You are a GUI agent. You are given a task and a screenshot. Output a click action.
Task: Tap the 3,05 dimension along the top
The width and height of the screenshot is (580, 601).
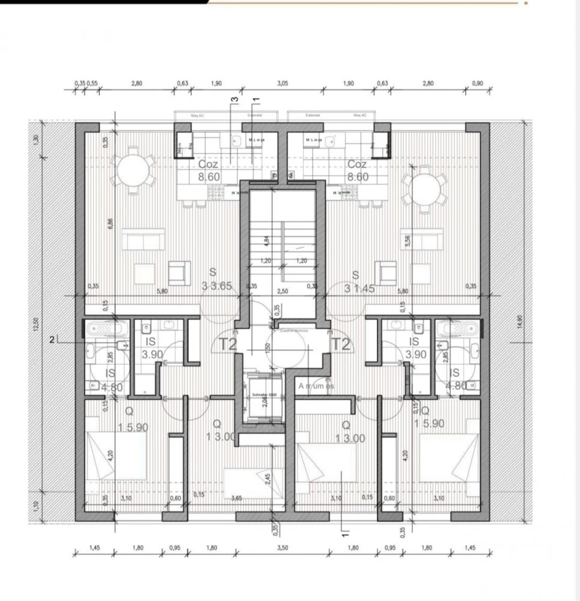(x=282, y=83)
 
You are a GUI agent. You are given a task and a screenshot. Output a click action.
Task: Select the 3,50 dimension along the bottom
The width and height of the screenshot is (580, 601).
(x=282, y=548)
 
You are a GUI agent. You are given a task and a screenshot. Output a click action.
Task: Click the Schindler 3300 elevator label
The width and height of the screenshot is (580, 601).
(x=265, y=395)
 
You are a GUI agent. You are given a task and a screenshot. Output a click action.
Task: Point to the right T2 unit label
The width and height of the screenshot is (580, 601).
(x=341, y=344)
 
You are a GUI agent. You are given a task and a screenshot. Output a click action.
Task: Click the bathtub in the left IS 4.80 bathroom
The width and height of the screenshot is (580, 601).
(x=107, y=328)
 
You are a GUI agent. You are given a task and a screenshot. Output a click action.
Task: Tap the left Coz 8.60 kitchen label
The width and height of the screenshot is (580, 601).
(x=208, y=171)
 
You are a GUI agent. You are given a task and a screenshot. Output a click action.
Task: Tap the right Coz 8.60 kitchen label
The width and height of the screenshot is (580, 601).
(x=358, y=171)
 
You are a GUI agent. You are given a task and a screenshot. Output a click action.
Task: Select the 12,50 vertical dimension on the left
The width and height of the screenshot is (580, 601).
(x=36, y=324)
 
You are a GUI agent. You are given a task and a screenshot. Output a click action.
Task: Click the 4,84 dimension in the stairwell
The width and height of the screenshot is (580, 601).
(x=267, y=240)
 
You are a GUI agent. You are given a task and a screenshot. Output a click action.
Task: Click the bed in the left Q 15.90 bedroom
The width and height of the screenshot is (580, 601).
(x=116, y=456)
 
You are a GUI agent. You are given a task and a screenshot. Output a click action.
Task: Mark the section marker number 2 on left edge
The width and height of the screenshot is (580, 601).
(x=52, y=339)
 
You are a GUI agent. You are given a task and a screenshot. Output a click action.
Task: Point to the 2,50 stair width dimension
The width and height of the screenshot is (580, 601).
(x=282, y=291)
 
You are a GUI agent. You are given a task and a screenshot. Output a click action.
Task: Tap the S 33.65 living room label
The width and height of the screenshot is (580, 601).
(x=217, y=279)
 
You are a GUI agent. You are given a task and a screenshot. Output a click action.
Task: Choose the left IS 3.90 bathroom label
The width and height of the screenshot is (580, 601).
(x=151, y=348)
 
